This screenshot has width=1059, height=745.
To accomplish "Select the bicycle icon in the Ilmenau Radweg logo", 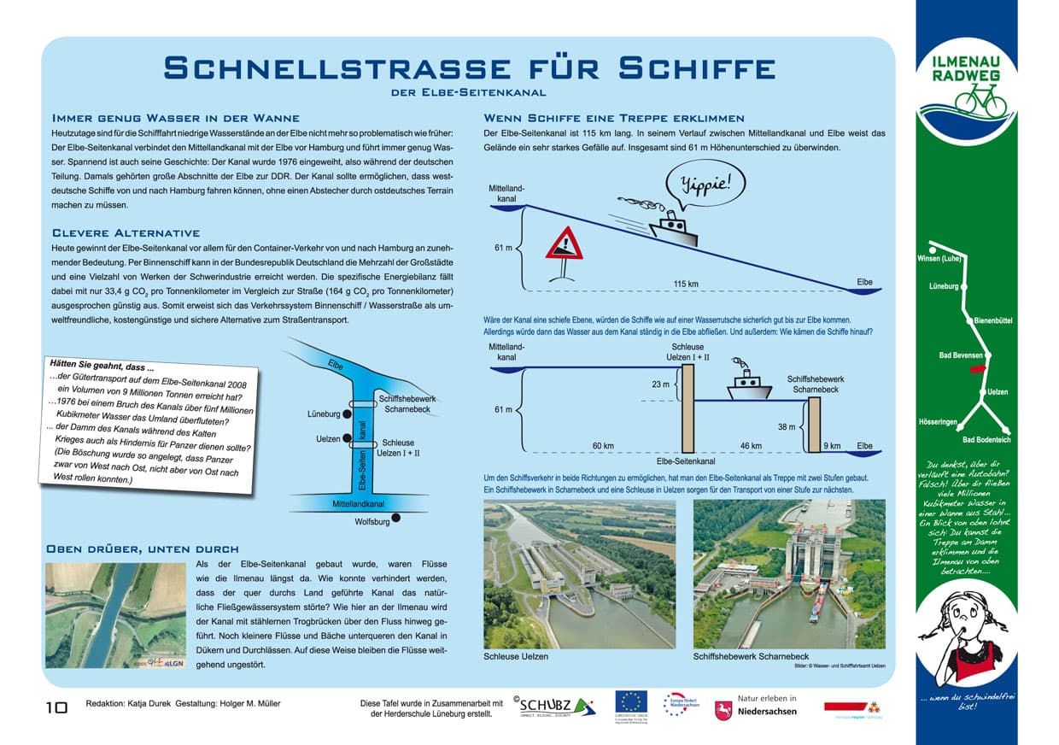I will tap(980, 99).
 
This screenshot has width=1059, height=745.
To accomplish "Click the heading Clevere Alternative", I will tap(126, 232).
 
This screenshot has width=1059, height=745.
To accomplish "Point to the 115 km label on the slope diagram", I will tap(686, 284).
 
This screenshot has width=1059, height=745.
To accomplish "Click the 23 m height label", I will tap(661, 384).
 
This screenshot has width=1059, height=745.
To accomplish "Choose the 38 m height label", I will tap(787, 427).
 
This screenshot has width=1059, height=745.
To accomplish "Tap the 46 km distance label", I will tap(750, 445).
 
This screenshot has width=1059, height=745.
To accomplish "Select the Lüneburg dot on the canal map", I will tap(347, 414).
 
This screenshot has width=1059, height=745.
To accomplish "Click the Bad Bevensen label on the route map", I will tap(961, 355).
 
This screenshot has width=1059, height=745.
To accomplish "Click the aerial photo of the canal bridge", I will tap(115, 615).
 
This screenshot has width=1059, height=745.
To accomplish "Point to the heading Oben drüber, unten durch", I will tap(142, 548).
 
